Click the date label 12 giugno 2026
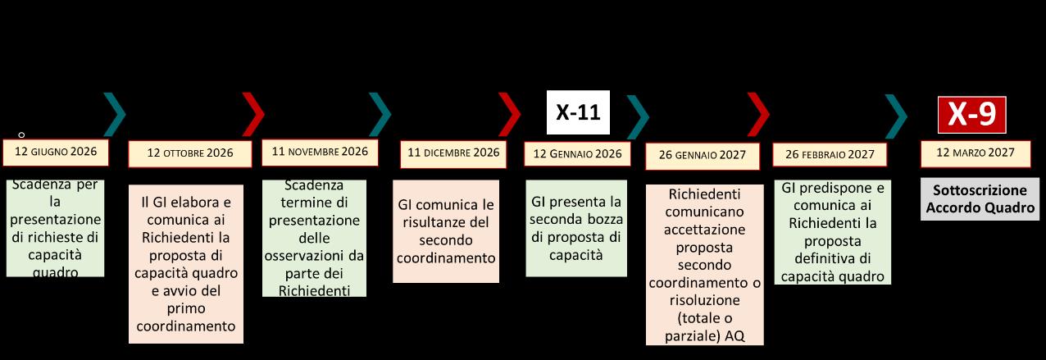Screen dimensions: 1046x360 click(x=56, y=151)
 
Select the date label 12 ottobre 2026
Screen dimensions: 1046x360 click(x=190, y=153)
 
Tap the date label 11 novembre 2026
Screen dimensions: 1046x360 click(x=320, y=152)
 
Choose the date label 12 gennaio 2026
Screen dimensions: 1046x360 click(x=577, y=153)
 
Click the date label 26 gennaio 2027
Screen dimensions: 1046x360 click(x=705, y=156)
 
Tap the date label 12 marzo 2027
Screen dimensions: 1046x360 click(x=973, y=153)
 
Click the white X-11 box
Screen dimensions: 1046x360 click(x=578, y=112)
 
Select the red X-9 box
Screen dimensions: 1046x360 click(x=971, y=115)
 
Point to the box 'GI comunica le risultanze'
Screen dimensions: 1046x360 click(x=446, y=231)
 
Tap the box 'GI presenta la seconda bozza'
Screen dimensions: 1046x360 click(x=577, y=228)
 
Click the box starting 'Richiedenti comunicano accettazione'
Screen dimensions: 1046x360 click(x=704, y=264)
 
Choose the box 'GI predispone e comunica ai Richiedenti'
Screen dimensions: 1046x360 click(x=831, y=232)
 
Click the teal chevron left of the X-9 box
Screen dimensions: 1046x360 click(x=897, y=115)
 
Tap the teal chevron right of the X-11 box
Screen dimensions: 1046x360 click(x=638, y=115)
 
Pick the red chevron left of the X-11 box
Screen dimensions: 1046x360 click(x=509, y=115)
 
